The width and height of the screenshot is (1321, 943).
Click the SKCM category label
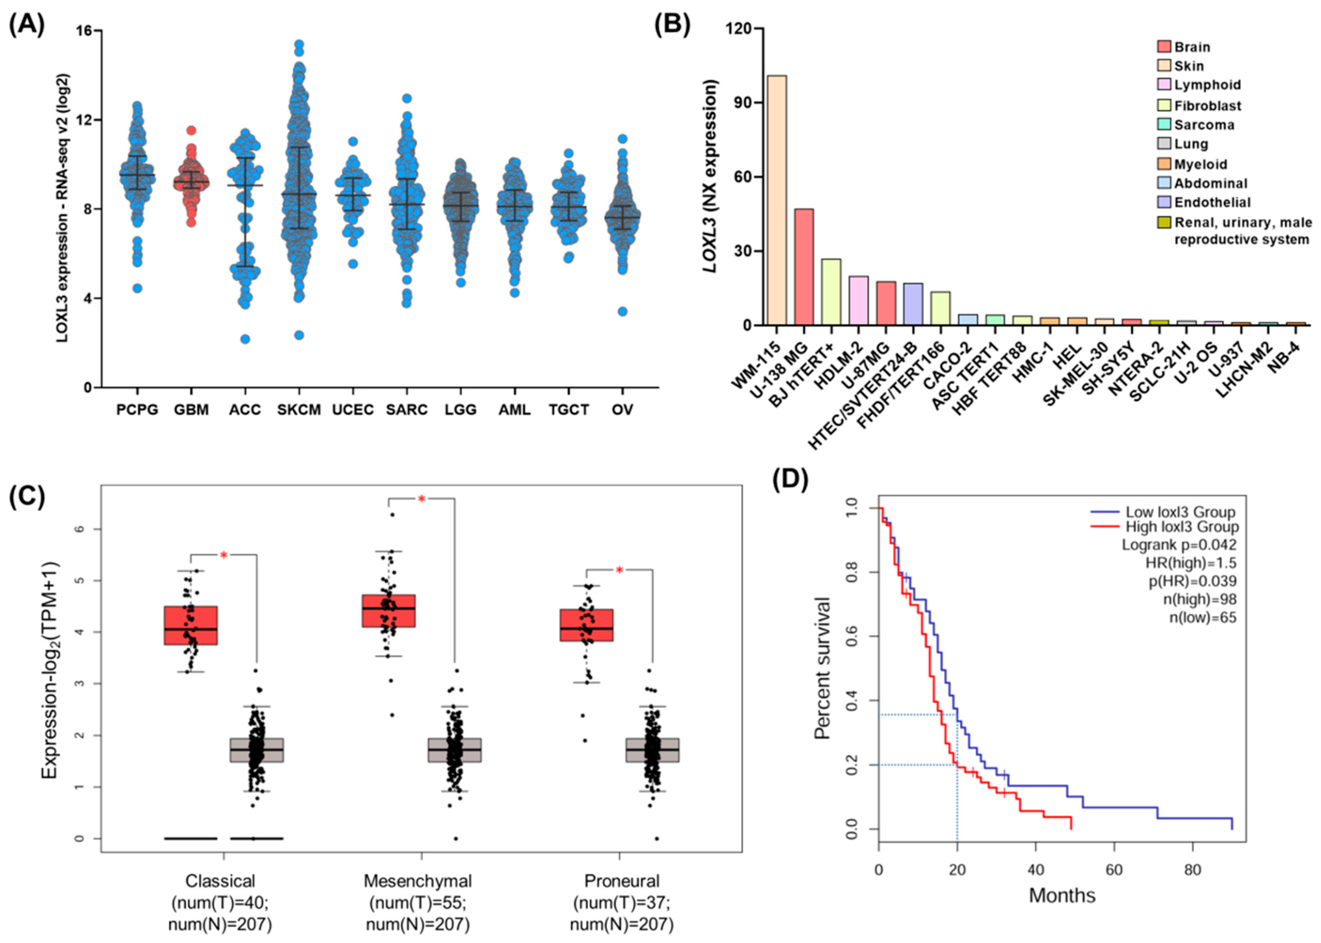[299, 410]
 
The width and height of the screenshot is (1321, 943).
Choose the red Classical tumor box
[191, 625]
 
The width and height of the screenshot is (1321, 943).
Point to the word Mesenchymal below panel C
[418, 881]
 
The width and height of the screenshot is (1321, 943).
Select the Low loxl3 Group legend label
[1180, 512]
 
